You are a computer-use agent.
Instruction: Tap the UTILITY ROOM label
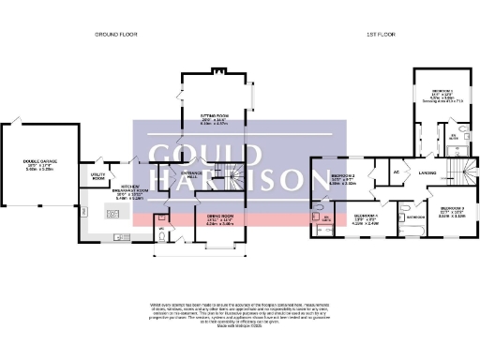point(97,175)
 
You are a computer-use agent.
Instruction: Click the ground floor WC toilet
point(160,233)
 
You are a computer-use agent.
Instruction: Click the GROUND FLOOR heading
point(117,34)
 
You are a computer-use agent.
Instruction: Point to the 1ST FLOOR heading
point(379,34)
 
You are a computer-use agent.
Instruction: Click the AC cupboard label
point(397,173)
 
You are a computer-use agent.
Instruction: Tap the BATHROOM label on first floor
point(416,217)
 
